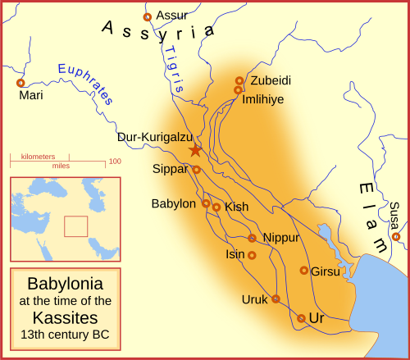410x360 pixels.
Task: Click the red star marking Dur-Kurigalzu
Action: click(195, 150)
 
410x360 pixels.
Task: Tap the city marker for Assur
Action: click(148, 16)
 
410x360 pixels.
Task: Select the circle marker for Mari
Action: click(20, 83)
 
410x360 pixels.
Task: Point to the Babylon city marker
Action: click(206, 203)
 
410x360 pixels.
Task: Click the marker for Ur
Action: click(301, 318)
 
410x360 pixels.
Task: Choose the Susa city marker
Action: click(396, 237)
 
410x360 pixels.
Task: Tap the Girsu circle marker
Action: click(303, 271)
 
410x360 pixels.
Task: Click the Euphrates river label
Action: click(84, 80)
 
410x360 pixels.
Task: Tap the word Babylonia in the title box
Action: click(65, 284)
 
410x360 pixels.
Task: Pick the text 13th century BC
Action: click(65, 335)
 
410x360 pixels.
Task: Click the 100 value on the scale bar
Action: click(114, 162)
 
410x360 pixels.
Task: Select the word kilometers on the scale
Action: click(39, 156)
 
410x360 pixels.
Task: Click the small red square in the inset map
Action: click(75, 226)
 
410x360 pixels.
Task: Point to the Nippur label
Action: click(281, 238)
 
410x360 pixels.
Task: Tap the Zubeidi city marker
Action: click(239, 81)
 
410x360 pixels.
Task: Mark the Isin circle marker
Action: click(252, 256)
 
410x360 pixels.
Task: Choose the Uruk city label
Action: click(254, 299)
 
